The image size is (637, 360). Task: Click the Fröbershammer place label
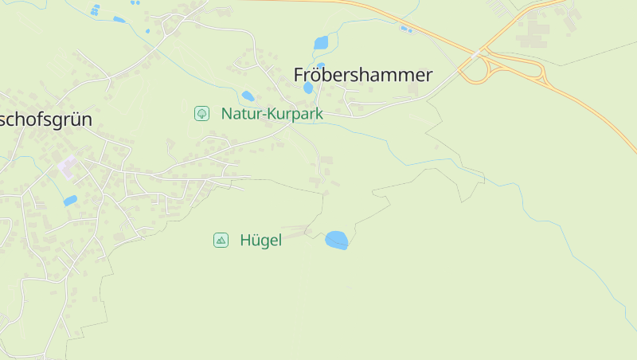(362, 76)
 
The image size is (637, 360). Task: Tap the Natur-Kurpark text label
(272, 114)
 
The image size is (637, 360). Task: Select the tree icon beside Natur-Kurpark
(202, 113)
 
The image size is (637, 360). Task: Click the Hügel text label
(260, 241)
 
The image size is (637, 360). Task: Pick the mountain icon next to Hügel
(221, 240)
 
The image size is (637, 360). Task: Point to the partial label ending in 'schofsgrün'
(46, 119)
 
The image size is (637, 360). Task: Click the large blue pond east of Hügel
(337, 240)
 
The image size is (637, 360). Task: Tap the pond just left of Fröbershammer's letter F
(308, 88)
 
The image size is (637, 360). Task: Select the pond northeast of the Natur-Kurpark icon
(248, 96)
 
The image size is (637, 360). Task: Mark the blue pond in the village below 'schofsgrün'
(71, 201)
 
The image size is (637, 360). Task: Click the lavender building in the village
(67, 167)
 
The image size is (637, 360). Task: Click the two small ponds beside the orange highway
(407, 29)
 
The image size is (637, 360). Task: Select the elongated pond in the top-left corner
(119, 19)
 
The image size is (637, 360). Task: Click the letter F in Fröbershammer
(300, 76)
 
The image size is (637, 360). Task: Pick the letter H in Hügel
(245, 241)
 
